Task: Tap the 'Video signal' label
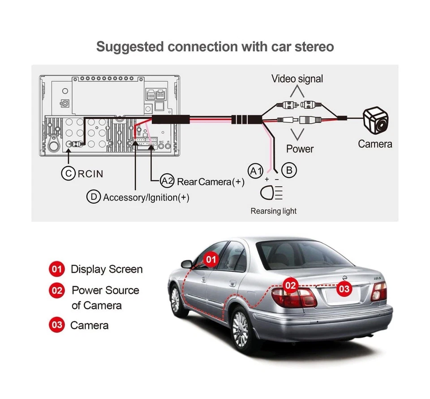297,79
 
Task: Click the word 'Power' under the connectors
300,149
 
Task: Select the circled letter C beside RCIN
68,174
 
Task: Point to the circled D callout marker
93,197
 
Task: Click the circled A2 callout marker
167,181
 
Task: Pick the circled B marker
289,170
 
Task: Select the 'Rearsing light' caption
273,211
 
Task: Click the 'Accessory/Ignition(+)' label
146,197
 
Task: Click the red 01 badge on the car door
211,259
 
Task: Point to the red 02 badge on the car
291,285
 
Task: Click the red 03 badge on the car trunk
344,289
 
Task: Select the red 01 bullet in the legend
56,269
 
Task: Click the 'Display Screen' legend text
107,269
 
